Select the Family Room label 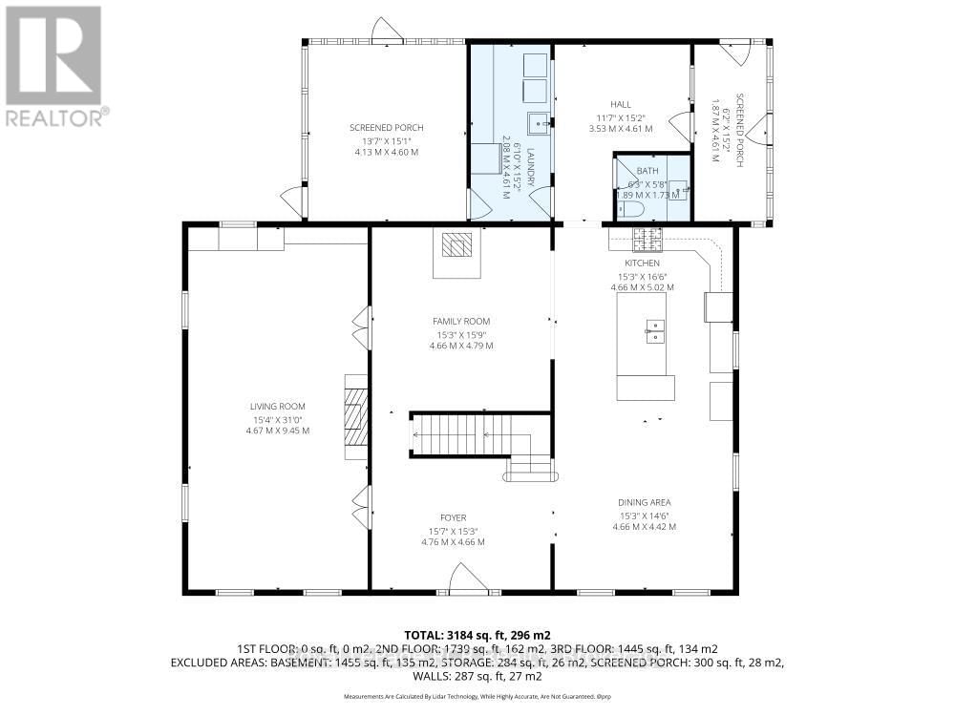[461, 322]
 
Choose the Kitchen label [643, 263]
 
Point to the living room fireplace [355, 417]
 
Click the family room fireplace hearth [456, 245]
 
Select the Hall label [622, 105]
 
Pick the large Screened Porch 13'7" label [386, 128]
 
